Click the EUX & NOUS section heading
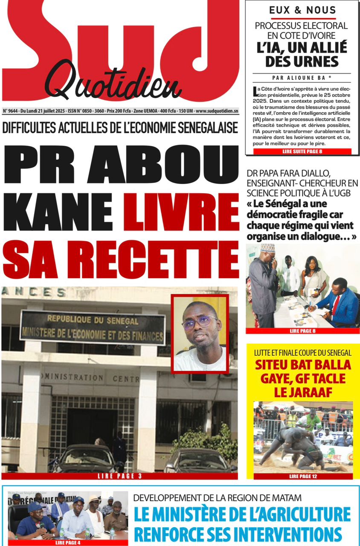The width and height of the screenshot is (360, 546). click(x=302, y=10)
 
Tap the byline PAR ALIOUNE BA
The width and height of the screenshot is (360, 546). click(x=302, y=78)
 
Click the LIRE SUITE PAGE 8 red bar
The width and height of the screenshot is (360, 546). click(x=302, y=151)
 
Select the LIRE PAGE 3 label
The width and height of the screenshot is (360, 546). click(x=119, y=476)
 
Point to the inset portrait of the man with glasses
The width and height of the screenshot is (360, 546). click(x=200, y=333)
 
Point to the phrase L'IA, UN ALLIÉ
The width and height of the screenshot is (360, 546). click(x=302, y=47)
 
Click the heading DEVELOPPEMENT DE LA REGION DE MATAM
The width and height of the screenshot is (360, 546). click(x=218, y=497)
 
